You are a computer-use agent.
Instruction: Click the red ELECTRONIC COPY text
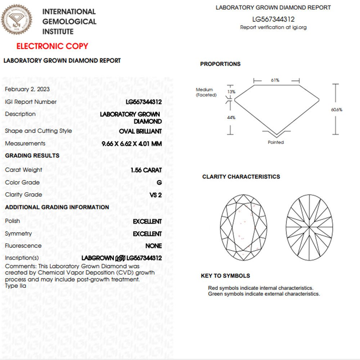coord(52,46)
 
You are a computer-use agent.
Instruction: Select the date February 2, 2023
coord(27,89)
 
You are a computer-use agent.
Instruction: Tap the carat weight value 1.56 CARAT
coord(147,170)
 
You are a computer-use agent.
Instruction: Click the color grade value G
coord(159,183)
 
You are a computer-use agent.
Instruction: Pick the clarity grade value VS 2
coord(156,195)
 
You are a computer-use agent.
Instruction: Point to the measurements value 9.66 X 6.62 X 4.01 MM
coord(132,144)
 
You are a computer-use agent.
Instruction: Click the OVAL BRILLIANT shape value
coord(140,131)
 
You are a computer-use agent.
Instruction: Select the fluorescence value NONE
coord(153,246)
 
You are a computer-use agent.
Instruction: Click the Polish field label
coord(13,221)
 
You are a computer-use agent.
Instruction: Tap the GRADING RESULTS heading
coord(32,156)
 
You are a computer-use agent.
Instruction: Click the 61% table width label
coord(275,80)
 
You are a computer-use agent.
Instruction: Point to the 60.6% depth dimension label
coord(337,109)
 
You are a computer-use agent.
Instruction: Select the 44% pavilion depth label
coord(231,118)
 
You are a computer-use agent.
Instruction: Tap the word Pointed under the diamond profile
coord(276,142)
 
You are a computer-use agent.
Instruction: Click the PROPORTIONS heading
coord(220,64)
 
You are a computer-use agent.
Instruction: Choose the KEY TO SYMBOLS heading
coord(225,276)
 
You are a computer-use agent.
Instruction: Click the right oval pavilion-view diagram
coord(310,228)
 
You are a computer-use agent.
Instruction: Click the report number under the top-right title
coord(273,19)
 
